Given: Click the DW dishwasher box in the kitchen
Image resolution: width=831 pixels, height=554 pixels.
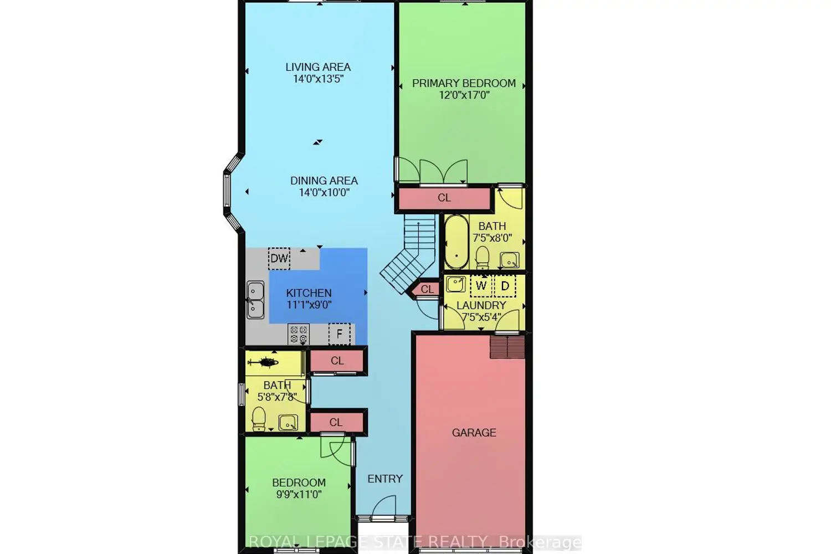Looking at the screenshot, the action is click(279, 258).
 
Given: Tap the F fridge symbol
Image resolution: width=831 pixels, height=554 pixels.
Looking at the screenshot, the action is click(340, 334).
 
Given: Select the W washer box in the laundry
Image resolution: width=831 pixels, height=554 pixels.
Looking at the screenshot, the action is click(481, 286).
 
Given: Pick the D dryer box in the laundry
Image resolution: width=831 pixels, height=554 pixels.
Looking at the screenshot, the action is click(505, 286).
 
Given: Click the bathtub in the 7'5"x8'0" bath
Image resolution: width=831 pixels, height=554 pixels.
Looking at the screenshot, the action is click(456, 242).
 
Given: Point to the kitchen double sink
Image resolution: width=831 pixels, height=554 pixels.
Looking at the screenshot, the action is click(255, 300).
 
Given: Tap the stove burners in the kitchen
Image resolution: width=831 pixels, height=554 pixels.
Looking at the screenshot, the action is click(299, 334).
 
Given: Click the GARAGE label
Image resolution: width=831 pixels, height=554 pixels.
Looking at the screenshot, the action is click(474, 433).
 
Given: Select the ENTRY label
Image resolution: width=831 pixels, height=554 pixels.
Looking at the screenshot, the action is click(385, 479).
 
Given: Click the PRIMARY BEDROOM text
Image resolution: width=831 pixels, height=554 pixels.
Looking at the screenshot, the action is click(464, 83).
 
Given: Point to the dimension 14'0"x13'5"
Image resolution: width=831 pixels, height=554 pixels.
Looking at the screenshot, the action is click(318, 79).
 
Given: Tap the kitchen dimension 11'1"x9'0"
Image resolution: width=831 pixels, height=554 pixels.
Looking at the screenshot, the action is click(309, 305).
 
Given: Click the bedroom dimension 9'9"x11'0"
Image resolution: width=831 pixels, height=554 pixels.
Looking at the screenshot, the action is click(299, 495).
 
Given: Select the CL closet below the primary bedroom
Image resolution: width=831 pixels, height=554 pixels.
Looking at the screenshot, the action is click(444, 198).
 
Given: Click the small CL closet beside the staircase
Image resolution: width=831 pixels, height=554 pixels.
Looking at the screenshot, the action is click(427, 289).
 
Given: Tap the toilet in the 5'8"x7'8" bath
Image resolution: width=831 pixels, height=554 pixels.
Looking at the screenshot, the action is click(259, 419).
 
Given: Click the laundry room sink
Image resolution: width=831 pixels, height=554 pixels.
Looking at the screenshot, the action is click(456, 285).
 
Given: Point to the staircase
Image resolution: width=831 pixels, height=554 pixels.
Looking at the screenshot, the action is click(409, 252).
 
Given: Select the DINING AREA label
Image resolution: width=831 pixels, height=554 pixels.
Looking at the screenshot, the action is click(324, 181).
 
